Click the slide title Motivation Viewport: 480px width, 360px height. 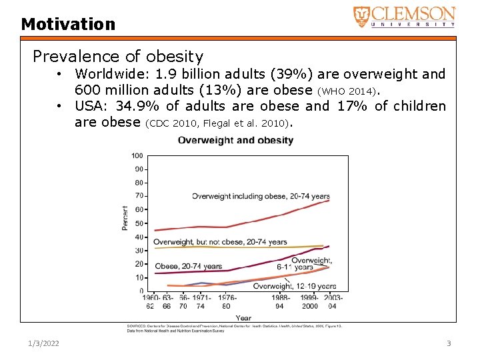pyautogui.click(x=68, y=25)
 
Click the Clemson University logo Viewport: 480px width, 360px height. pyautogui.click(x=404, y=16)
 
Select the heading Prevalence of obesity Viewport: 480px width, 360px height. pyautogui.click(x=118, y=57)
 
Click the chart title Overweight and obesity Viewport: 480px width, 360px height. pyautogui.click(x=235, y=141)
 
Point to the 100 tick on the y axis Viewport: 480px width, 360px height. pyautogui.click(x=137, y=155)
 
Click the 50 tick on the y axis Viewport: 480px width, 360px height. pyautogui.click(x=139, y=223)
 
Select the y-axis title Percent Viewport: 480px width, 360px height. pyautogui.click(x=125, y=217)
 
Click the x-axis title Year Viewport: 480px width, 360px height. pyautogui.click(x=243, y=318)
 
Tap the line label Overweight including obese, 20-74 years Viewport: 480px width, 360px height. pyautogui.click(x=261, y=196)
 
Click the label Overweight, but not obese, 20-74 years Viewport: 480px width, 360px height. pyautogui.click(x=220, y=242)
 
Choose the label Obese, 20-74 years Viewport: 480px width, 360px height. pyautogui.click(x=189, y=267)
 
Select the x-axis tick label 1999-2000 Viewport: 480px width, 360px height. pyautogui.click(x=310, y=302)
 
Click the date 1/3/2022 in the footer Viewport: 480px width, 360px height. pyautogui.click(x=43, y=343)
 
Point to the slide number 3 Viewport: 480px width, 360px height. pyautogui.click(x=449, y=343)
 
